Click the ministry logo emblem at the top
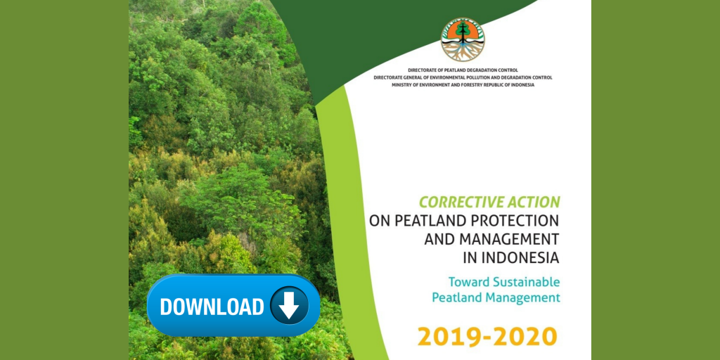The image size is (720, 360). (463, 40)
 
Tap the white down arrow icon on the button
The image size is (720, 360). (289, 305)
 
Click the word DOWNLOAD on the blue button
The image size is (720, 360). (212, 307)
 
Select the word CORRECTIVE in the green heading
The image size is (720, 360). (459, 201)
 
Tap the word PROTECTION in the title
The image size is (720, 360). (513, 220)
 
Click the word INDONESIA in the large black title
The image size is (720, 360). (520, 257)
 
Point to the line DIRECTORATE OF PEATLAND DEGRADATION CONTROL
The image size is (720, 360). (463, 70)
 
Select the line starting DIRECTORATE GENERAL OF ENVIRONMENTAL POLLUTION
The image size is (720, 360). (463, 77)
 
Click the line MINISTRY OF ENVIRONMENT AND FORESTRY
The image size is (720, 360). (463, 85)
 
